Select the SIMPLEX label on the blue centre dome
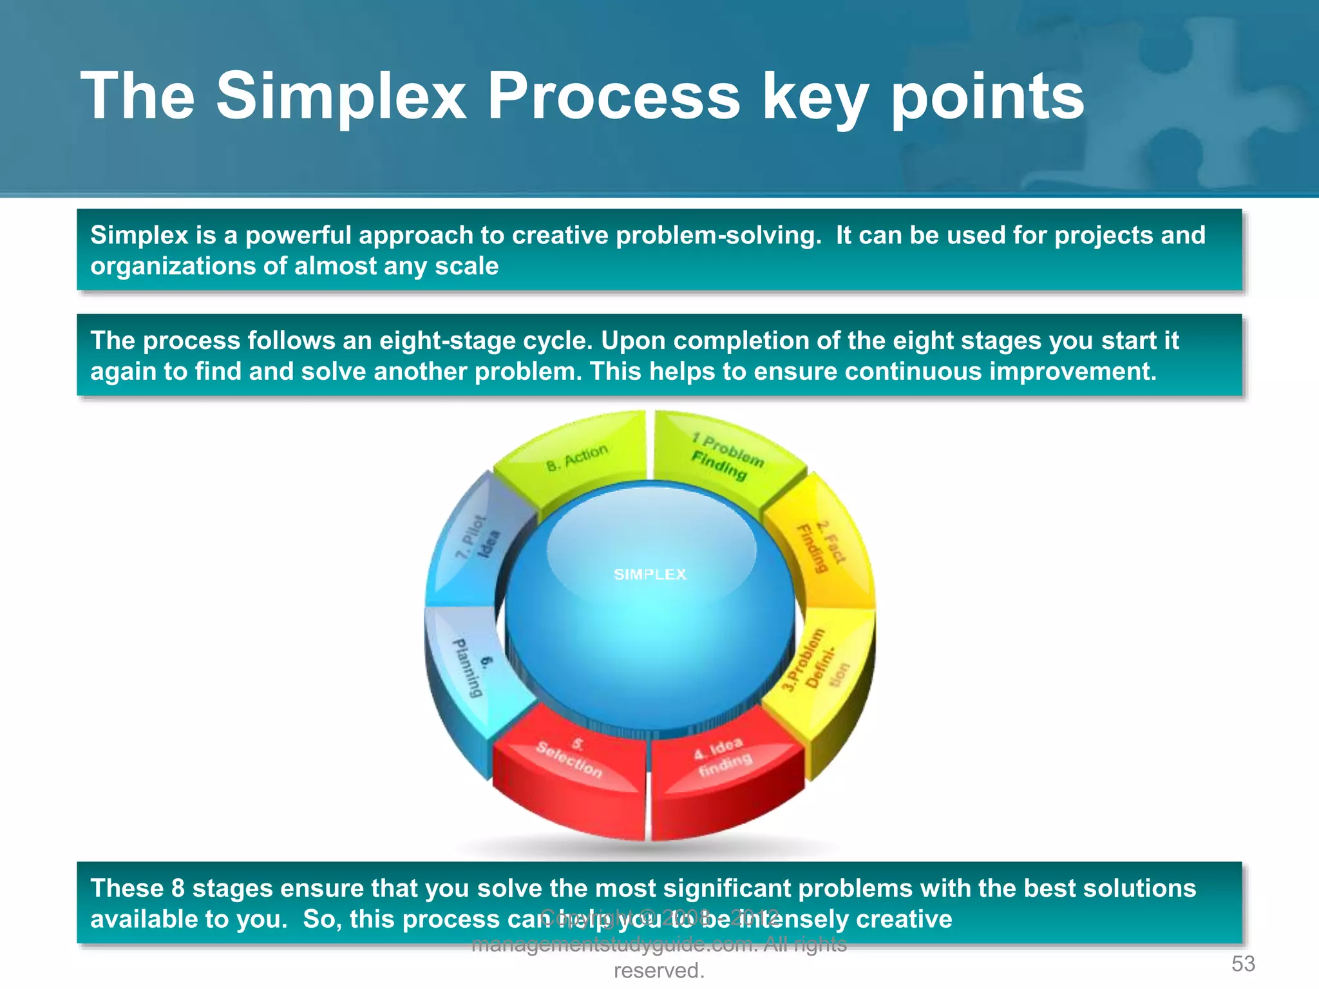point(650,574)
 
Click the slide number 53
point(1243,964)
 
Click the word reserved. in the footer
point(659,970)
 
